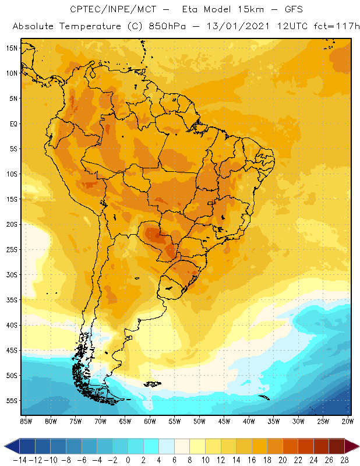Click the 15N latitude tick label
[11, 48]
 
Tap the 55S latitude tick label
[11, 401]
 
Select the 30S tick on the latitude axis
[11, 274]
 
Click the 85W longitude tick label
[26, 421]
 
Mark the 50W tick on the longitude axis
[199, 421]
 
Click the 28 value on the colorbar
[344, 460]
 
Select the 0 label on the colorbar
[128, 460]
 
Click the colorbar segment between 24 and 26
[321, 446]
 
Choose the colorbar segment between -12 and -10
[43, 446]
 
